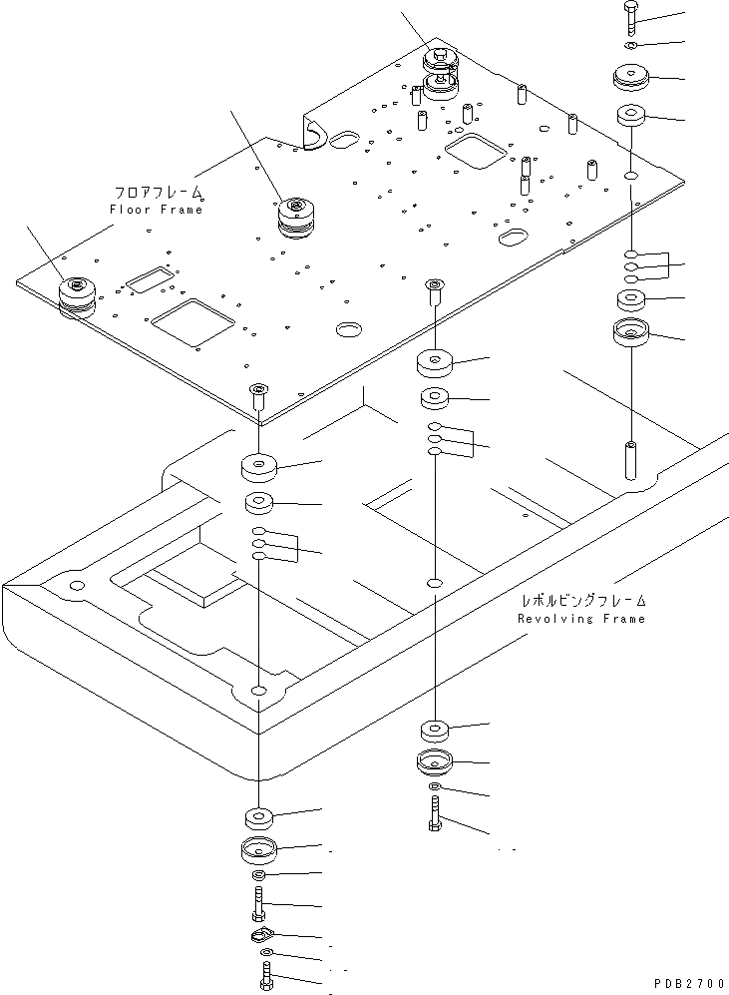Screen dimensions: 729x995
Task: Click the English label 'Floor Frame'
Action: pyautogui.click(x=156, y=210)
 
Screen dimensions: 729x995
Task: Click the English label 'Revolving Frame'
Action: pyautogui.click(x=581, y=619)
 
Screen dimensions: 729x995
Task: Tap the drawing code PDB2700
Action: pyautogui.click(x=688, y=983)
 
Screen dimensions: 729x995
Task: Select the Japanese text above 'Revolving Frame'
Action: pyautogui.click(x=583, y=600)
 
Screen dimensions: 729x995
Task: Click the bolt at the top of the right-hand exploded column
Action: pyautogui.click(x=632, y=19)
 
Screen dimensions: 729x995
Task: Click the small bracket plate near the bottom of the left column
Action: pyautogui.click(x=260, y=934)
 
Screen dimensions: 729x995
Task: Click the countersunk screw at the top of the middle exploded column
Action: pyautogui.click(x=434, y=291)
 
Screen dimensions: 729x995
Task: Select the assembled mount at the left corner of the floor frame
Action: pyautogui.click(x=78, y=298)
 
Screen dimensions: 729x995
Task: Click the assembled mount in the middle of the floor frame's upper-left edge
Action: pyautogui.click(x=296, y=218)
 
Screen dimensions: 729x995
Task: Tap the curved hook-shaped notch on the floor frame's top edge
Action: pyautogui.click(x=312, y=136)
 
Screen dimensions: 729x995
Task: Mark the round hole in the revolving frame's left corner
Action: pyautogui.click(x=76, y=584)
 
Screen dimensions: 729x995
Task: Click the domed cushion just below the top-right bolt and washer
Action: pyautogui.click(x=631, y=78)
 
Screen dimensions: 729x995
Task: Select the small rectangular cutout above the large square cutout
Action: pyautogui.click(x=150, y=278)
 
